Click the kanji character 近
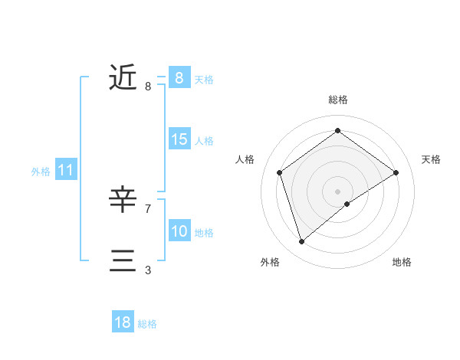click(x=123, y=77)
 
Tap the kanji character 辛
click(x=123, y=200)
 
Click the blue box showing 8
click(x=179, y=77)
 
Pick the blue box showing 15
click(x=179, y=139)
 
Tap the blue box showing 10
click(x=179, y=231)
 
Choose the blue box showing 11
click(x=65, y=171)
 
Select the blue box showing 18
click(x=123, y=322)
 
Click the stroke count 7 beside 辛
click(x=147, y=208)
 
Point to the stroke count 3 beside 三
click(x=147, y=270)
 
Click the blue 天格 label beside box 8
click(x=203, y=80)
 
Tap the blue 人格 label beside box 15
click(x=203, y=141)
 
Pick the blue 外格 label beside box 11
click(x=41, y=172)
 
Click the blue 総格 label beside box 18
click(x=147, y=324)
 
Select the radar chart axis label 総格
click(x=338, y=100)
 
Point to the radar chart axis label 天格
click(x=432, y=159)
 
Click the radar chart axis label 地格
click(x=402, y=262)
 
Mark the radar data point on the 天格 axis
click(x=396, y=172)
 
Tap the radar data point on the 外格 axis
click(x=302, y=242)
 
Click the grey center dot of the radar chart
click(x=338, y=191)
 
